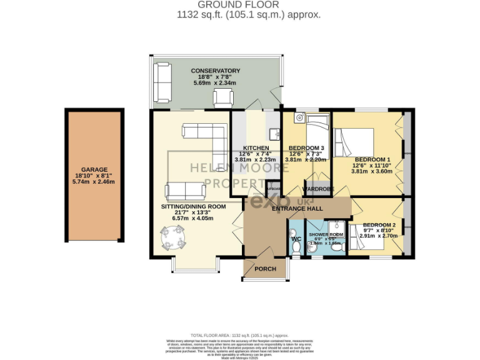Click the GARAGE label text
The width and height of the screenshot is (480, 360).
[x=94, y=169]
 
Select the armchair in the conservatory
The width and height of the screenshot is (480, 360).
[x=222, y=97]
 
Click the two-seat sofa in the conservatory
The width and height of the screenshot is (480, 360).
[x=164, y=82]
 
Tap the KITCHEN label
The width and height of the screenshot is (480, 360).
[x=256, y=148]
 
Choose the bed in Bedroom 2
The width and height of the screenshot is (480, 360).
[x=366, y=241]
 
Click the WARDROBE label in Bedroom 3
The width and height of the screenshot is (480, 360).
[x=318, y=189]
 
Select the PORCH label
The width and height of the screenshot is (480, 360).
[x=265, y=269]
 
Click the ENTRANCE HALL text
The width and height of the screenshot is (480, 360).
[x=297, y=208]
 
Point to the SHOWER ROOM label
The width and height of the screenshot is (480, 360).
[x=326, y=234]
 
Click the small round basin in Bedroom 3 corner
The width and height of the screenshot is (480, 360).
[x=300, y=116]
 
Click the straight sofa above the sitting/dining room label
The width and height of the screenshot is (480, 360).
[x=186, y=191]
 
